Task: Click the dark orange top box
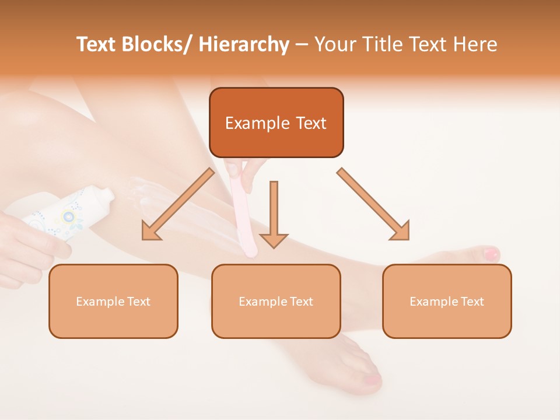click(276, 123)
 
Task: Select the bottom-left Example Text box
click(113, 301)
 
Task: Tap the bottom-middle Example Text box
click(276, 301)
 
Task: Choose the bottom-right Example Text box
click(447, 301)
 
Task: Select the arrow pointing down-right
click(373, 204)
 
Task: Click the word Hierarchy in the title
click(244, 44)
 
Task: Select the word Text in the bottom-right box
click(471, 302)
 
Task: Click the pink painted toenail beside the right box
click(491, 254)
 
